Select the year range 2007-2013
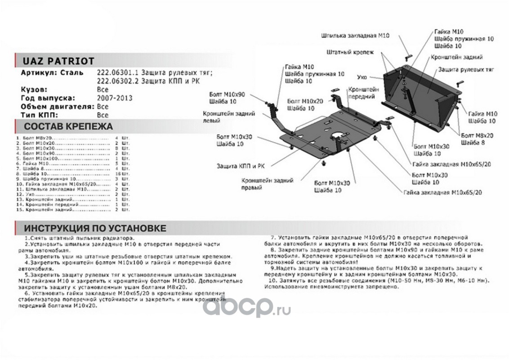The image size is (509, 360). coord(114,98)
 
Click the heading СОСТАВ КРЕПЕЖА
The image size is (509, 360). coord(68,126)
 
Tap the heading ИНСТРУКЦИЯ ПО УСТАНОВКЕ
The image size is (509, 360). coord(95,228)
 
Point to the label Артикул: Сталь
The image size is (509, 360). coord(52,72)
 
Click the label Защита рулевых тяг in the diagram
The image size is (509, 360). coord(466,70)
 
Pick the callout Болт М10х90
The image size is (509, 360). coord(227,94)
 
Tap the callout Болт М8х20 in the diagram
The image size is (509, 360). coord(477,135)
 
